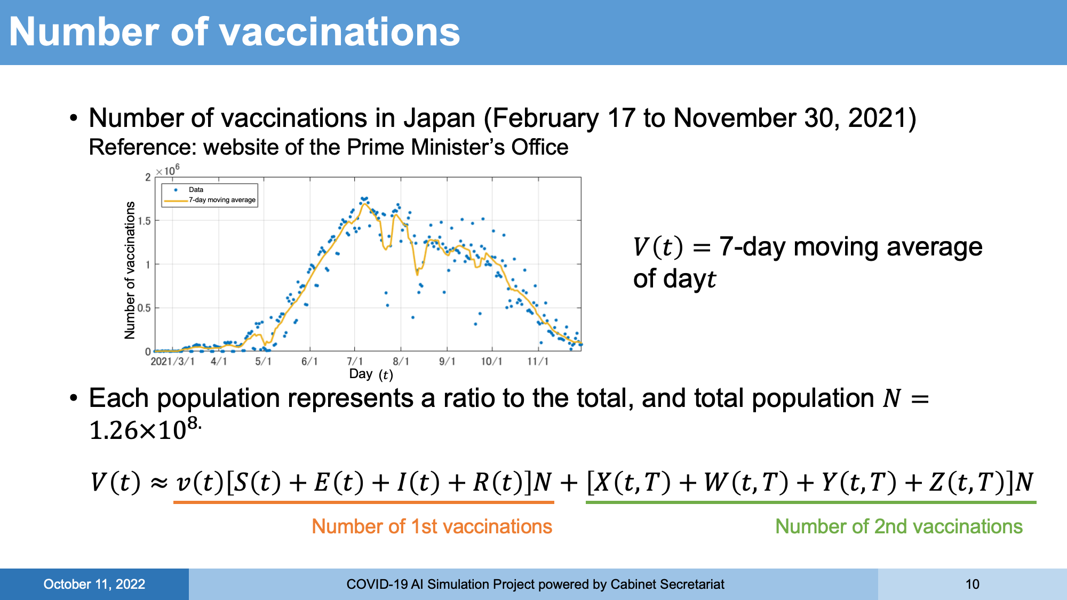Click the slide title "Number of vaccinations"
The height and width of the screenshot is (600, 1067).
tap(234, 32)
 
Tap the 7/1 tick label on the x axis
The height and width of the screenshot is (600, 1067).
tap(355, 362)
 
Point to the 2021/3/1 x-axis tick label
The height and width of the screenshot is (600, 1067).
tap(172, 362)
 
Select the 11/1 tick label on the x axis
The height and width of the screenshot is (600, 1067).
tap(538, 362)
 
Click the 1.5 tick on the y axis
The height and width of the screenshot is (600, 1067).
tap(144, 221)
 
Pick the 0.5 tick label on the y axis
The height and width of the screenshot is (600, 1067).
tap(144, 308)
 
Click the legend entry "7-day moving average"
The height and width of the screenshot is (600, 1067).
tap(222, 200)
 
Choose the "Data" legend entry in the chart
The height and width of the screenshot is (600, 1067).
tap(196, 189)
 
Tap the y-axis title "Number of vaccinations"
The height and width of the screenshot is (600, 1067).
tap(130, 270)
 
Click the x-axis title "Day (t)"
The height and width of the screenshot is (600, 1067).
tap(371, 374)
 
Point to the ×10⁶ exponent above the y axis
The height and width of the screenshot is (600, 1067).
tap(168, 170)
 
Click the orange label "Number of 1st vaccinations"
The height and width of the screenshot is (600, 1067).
tap(432, 526)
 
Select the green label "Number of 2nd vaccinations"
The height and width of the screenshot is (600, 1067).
tap(898, 526)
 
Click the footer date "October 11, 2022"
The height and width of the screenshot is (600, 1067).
tap(94, 585)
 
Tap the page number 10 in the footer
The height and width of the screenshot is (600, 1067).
tap(972, 585)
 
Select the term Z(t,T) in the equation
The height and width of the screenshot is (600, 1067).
tap(965, 482)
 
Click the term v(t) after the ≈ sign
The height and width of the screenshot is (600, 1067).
tap(198, 482)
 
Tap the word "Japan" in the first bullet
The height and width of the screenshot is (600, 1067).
tap(439, 118)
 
